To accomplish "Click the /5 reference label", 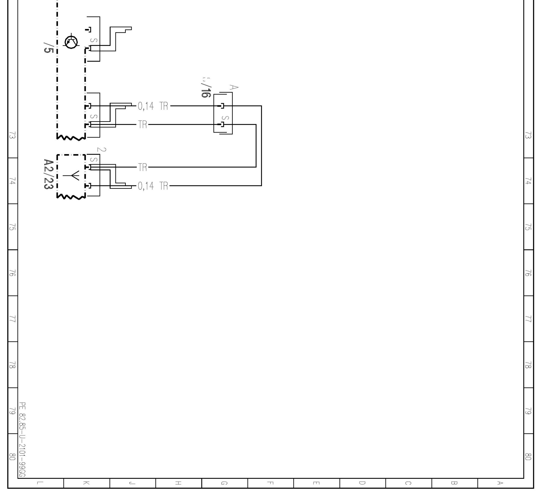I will (x=49, y=48).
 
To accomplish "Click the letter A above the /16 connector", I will (x=234, y=87).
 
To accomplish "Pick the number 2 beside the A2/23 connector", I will (x=101, y=149).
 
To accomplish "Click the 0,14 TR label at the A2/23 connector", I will (x=153, y=186).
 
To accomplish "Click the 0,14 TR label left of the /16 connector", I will (x=153, y=106).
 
